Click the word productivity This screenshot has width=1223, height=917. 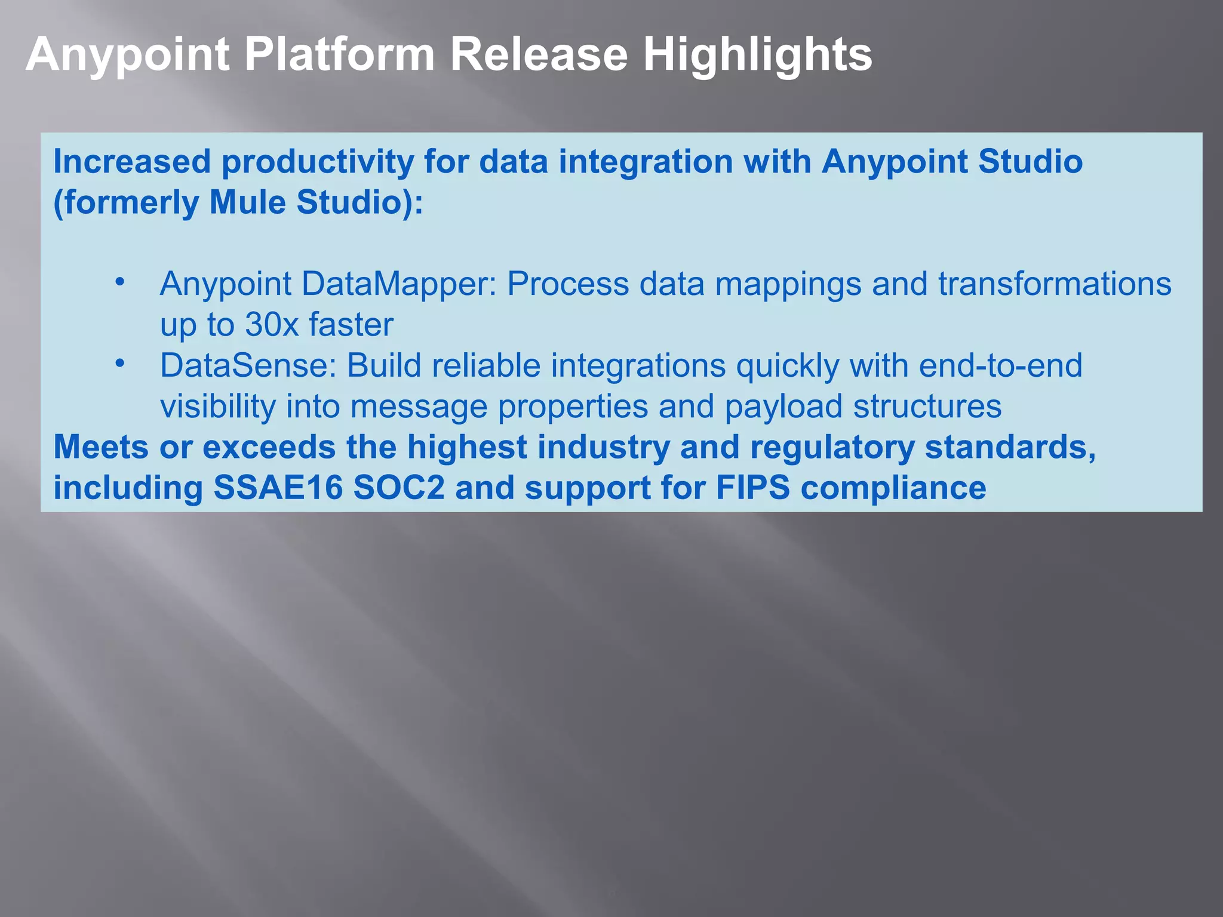click(317, 162)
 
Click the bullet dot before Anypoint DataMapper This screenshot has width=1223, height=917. click(120, 281)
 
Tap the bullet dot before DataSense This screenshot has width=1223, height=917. click(120, 363)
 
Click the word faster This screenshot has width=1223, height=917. click(351, 325)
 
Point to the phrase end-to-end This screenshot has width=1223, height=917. click(1000, 365)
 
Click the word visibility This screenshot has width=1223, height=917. click(218, 407)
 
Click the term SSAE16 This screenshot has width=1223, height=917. click(278, 488)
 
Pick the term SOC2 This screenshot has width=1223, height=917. click(399, 488)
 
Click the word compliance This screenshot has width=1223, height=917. click(893, 489)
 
